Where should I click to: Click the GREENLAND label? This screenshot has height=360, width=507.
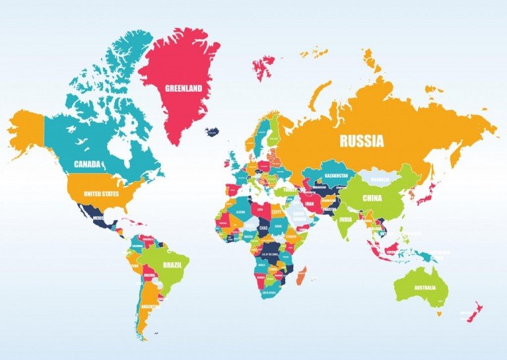(x=184, y=87)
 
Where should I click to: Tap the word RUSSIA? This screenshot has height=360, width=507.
(x=361, y=140)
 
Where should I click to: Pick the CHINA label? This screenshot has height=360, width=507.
(x=374, y=198)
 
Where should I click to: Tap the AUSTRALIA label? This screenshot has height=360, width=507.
(x=424, y=288)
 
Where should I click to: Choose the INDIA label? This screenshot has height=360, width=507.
(x=346, y=219)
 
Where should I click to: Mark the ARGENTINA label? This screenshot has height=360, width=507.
(x=151, y=307)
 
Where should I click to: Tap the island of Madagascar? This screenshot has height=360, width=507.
(x=302, y=275)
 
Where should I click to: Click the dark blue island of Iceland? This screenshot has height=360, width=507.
(x=213, y=132)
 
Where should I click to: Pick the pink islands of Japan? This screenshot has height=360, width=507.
(x=424, y=192)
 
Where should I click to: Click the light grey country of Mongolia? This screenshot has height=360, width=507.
(x=381, y=179)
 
